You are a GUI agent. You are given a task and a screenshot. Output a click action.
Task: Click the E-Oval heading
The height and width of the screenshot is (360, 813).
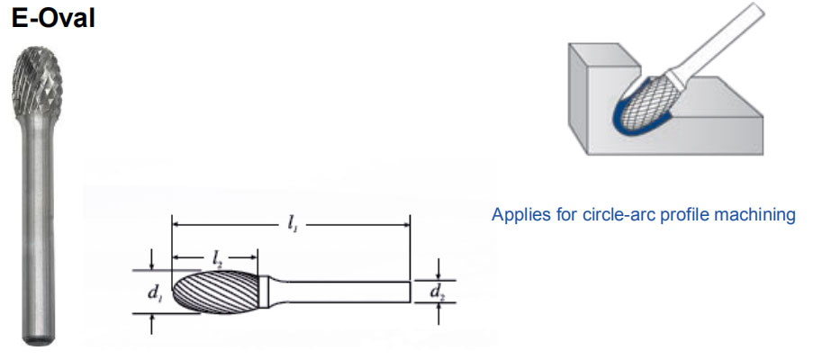tap(53, 18)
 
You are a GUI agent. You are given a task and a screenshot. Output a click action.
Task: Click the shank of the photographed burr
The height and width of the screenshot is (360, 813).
tap(37, 225)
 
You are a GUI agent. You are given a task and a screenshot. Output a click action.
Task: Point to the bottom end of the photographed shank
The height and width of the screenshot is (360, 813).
tap(37, 339)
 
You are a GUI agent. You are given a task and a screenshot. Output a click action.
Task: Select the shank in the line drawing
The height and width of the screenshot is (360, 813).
tap(351, 291)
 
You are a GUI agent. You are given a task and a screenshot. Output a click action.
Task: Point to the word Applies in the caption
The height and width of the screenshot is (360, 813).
tap(516, 216)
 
